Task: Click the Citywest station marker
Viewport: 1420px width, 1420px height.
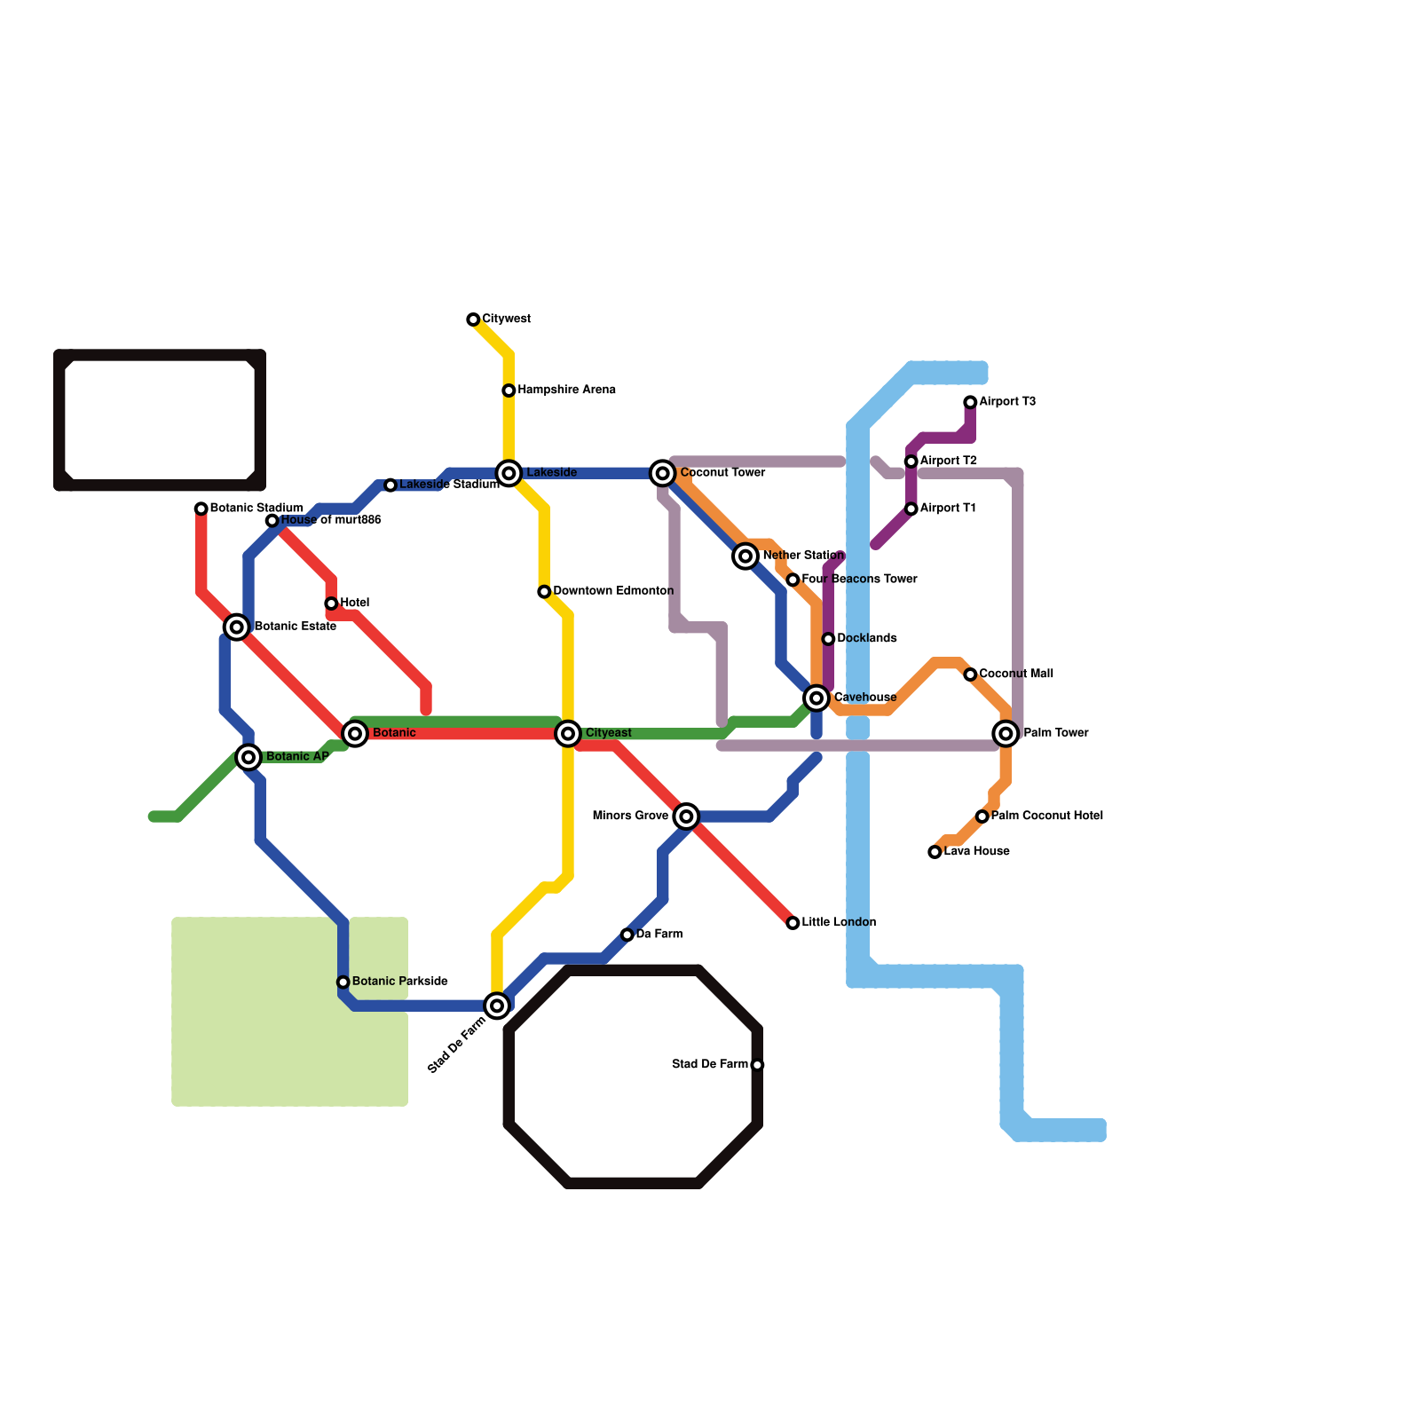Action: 473,319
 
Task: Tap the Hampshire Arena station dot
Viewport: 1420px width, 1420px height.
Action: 509,390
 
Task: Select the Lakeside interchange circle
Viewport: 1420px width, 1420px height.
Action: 509,473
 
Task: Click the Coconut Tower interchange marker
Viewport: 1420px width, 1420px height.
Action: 662,473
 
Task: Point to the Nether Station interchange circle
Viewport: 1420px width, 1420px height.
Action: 745,556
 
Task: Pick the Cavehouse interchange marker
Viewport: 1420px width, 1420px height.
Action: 816,698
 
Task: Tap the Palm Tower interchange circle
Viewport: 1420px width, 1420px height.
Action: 1006,734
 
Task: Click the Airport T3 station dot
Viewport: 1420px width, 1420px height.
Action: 970,403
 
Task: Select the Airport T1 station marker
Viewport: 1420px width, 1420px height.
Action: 911,509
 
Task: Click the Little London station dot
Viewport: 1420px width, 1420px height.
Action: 793,923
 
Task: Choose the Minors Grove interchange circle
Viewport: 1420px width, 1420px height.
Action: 686,816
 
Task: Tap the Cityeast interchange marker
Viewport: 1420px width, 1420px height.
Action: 568,734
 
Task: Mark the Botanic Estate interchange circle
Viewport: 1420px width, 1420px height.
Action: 236,627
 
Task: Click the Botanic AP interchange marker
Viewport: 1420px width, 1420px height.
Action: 249,757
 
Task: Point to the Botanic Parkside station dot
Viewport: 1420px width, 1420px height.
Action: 343,982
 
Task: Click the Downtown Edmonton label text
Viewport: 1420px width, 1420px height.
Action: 613,591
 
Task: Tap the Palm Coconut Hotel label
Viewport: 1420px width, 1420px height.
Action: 1046,816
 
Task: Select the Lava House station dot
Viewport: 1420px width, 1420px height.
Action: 935,852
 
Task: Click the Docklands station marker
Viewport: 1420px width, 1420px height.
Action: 828,639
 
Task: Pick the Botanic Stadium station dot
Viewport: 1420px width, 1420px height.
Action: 201,509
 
